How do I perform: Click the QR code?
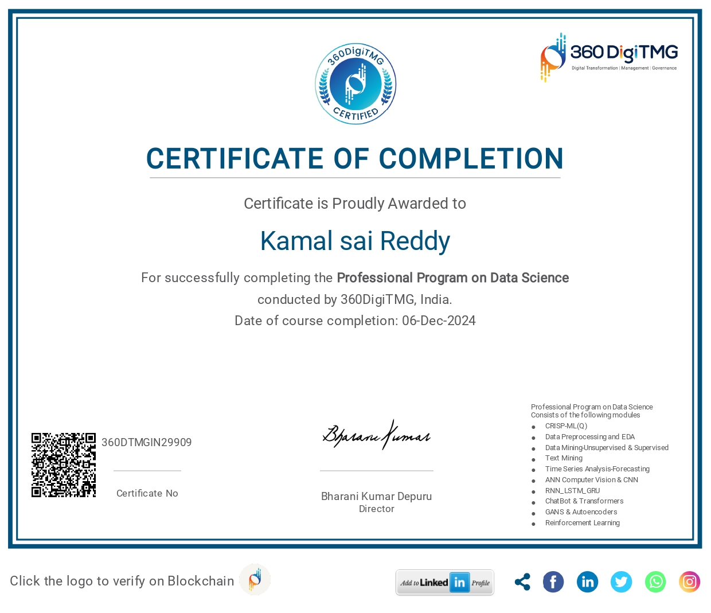(64, 465)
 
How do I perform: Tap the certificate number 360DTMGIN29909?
(147, 442)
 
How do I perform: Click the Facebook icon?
(553, 582)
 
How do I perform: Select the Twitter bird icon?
(621, 582)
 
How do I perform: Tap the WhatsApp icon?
(655, 582)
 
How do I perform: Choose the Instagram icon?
(689, 582)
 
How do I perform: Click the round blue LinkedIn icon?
(587, 582)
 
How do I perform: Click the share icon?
(522, 582)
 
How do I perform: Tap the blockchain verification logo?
(255, 579)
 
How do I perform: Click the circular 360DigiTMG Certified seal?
(355, 84)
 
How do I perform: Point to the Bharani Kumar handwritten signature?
(376, 436)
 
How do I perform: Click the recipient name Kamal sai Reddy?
(355, 241)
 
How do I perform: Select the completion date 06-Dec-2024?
(439, 321)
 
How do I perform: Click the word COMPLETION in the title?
(471, 159)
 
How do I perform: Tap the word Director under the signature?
(377, 509)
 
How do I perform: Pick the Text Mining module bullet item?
(564, 458)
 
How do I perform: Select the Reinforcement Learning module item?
(582, 523)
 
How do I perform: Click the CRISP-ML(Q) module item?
(566, 426)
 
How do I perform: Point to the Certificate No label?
(147, 493)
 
